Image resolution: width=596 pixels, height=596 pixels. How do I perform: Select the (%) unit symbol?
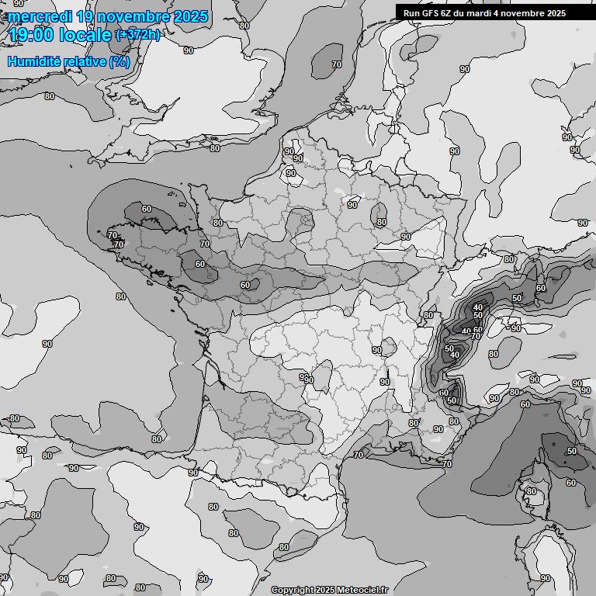pos(120,61)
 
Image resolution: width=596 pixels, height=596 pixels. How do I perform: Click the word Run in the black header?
pos(412,13)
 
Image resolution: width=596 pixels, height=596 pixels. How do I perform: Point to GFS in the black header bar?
pos(431,13)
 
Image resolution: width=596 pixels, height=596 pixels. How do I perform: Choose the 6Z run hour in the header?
pos(447,13)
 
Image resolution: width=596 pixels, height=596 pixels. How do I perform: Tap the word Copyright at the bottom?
pos(292,590)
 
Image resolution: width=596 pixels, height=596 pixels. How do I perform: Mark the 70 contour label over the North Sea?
pos(337,64)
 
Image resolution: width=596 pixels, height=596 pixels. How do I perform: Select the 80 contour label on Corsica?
pos(532,491)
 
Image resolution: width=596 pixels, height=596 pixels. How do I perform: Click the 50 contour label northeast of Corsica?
pos(572,451)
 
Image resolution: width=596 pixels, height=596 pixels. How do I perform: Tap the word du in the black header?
pos(461,13)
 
